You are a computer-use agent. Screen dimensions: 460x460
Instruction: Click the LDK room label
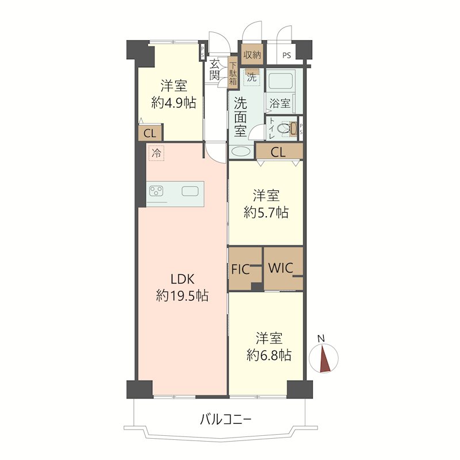click(x=182, y=279)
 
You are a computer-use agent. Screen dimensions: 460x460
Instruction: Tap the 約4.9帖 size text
click(x=174, y=103)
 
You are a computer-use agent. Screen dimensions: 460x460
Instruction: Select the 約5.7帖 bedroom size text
click(x=266, y=212)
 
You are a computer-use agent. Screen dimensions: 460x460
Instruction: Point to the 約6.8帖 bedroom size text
click(x=269, y=355)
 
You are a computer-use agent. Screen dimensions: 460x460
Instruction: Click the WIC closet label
click(x=281, y=268)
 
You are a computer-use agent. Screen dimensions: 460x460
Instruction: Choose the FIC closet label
click(x=240, y=270)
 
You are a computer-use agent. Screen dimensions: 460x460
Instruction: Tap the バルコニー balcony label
click(x=225, y=420)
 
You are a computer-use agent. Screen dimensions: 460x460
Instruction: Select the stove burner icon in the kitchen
click(x=156, y=191)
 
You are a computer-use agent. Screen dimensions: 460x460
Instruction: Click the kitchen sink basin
click(x=190, y=191)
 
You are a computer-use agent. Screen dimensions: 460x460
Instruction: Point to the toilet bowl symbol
click(x=284, y=129)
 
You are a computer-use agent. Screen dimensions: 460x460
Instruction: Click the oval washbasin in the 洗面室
click(x=241, y=152)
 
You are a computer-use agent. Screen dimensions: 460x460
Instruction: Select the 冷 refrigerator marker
click(x=156, y=153)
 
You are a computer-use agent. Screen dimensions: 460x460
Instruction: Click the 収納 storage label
click(x=252, y=55)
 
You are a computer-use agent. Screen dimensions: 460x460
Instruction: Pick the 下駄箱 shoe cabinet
click(x=233, y=74)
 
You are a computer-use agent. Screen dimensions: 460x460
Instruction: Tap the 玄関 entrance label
click(x=214, y=70)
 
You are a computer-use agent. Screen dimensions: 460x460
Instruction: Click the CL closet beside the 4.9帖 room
click(x=150, y=133)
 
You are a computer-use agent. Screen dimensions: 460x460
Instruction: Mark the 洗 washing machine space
click(x=252, y=78)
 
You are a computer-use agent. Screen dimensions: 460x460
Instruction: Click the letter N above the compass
click(x=321, y=338)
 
